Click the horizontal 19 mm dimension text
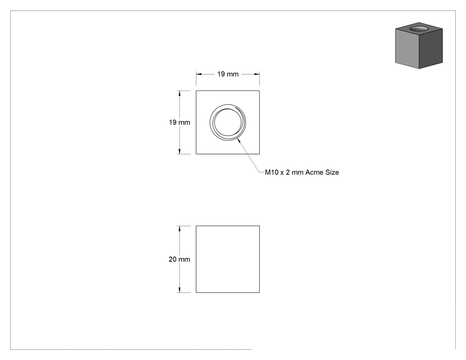click(x=228, y=74)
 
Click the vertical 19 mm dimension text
click(x=179, y=122)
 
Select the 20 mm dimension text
click(x=179, y=259)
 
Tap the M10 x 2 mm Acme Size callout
click(x=302, y=172)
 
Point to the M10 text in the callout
click(x=272, y=172)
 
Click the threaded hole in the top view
click(x=228, y=122)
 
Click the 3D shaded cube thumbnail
click(x=419, y=45)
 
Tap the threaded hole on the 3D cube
click(x=419, y=29)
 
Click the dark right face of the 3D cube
click(x=431, y=48)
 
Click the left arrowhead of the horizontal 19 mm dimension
click(x=198, y=74)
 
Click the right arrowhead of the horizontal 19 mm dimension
click(x=257, y=74)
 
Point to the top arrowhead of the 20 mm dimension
click(x=179, y=228)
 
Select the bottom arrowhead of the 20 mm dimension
click(x=179, y=290)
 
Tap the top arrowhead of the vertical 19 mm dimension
click(x=179, y=93)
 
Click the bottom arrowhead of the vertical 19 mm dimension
click(x=179, y=151)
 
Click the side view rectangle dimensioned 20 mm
click(x=228, y=259)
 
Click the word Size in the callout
click(x=332, y=172)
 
